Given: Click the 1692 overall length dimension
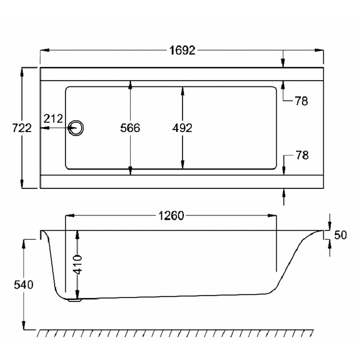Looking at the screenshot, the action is [182, 50].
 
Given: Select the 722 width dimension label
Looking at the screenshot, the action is [22, 128].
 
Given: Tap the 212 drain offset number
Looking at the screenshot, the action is [53, 119].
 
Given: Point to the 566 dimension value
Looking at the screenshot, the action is [130, 128].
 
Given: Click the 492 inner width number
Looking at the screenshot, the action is [182, 128].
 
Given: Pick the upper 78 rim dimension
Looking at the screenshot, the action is [301, 101].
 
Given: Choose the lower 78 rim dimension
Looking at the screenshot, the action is [302, 155].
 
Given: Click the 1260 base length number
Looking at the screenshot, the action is [171, 216].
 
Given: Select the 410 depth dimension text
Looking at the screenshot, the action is [78, 265].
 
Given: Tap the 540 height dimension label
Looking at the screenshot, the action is [24, 285].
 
